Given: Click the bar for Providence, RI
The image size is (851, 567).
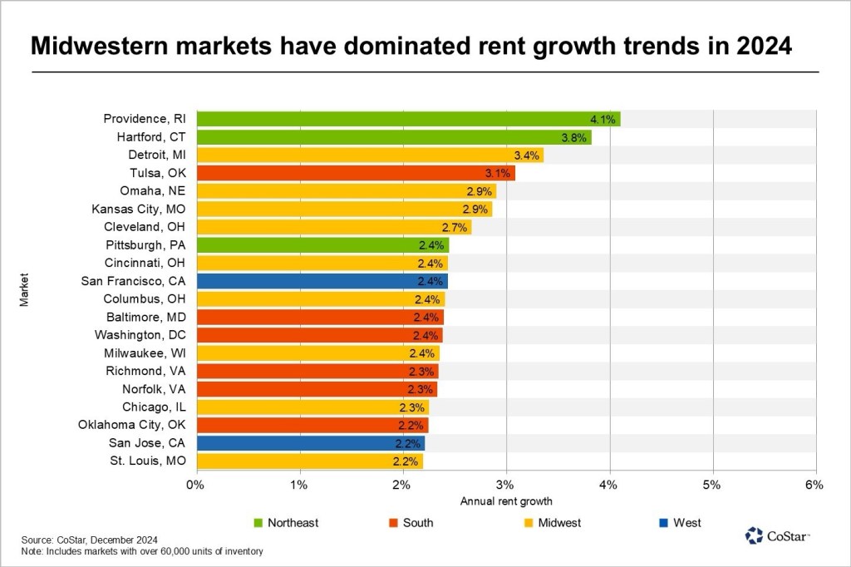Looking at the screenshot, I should (407, 119).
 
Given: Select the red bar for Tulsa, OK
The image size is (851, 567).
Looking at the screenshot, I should (355, 173).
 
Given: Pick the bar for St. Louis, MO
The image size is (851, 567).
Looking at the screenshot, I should (309, 461).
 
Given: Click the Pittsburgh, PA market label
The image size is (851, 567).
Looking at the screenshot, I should (145, 244).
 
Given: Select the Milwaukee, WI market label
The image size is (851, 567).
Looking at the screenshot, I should (146, 353).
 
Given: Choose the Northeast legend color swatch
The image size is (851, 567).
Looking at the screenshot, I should (258, 523).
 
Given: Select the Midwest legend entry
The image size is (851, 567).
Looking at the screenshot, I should (554, 523).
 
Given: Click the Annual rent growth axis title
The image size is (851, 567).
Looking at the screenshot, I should (505, 501).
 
